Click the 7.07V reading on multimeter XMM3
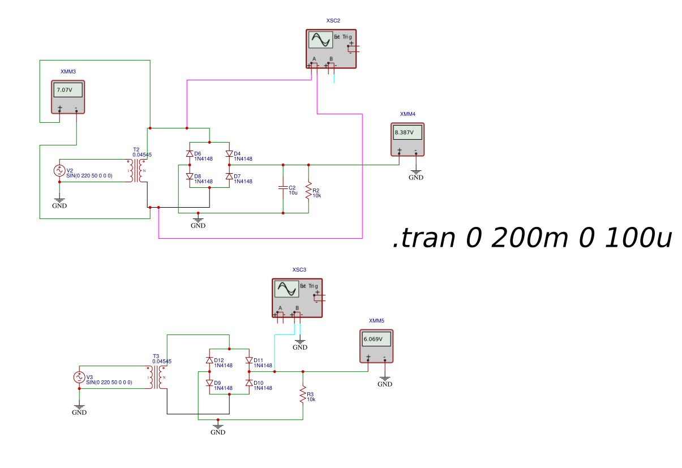(65, 90)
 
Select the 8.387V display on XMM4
(404, 132)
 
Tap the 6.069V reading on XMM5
(373, 339)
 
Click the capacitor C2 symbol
(283, 187)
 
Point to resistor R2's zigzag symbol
(308, 190)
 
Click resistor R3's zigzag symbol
(303, 394)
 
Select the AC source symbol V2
(59, 170)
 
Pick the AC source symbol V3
(79, 377)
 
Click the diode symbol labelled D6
(190, 154)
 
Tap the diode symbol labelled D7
(229, 177)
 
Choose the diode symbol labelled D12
(209, 360)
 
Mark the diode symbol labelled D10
(249, 383)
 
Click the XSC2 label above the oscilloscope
(333, 21)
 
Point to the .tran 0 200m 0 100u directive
(532, 238)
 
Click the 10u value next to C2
(293, 193)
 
